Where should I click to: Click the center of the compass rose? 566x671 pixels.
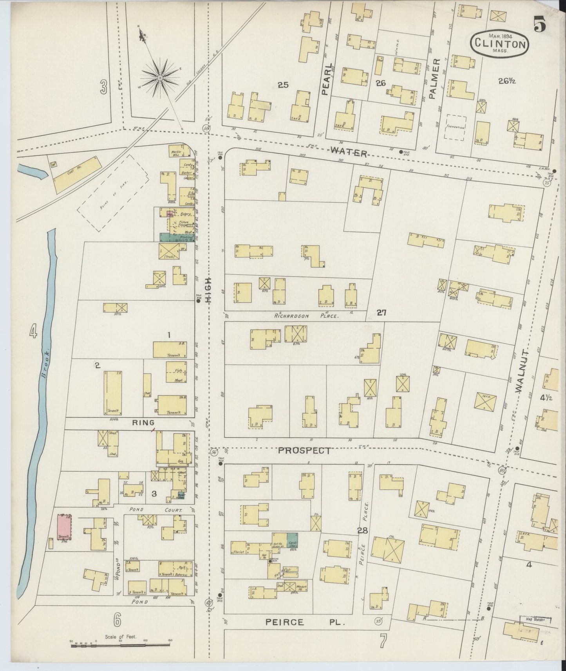tap(160, 78)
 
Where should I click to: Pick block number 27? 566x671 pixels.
tap(382, 312)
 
